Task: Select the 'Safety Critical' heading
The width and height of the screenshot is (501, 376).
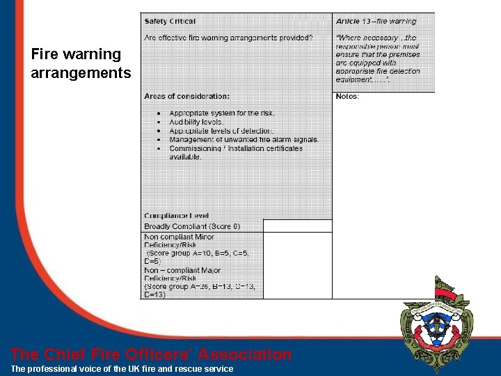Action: (x=170, y=22)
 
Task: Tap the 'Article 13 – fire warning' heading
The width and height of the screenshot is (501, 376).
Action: (x=376, y=22)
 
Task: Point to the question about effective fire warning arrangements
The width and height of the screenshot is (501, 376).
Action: (x=228, y=37)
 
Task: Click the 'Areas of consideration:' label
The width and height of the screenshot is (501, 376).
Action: (x=186, y=96)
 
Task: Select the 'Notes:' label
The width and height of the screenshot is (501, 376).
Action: (x=347, y=96)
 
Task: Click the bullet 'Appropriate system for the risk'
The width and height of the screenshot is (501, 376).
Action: (x=222, y=113)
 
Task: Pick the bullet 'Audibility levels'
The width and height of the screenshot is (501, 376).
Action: (x=196, y=122)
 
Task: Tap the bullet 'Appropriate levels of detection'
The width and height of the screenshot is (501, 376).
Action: (x=221, y=131)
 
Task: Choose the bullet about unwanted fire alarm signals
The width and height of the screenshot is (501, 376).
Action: (x=244, y=139)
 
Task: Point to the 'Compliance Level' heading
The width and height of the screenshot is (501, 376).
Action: (x=176, y=216)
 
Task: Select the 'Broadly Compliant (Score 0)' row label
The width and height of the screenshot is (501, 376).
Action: (x=192, y=226)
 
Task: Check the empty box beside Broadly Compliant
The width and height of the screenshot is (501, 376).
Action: (x=297, y=226)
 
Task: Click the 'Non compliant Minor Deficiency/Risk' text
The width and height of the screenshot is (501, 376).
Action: (x=180, y=241)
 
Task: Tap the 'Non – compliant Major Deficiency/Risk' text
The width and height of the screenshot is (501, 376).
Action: (x=182, y=274)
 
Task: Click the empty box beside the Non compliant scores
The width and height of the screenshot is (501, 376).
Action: (x=297, y=265)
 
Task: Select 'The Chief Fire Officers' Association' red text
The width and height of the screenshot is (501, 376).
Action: (x=151, y=354)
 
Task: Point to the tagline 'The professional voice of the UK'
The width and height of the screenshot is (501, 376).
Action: (x=122, y=368)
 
